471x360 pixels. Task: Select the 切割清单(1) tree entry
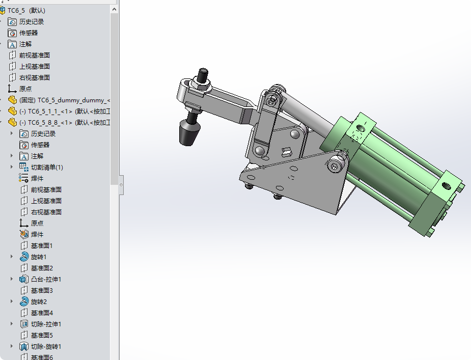(46, 167)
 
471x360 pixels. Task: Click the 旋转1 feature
(38, 257)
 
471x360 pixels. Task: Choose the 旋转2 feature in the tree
(38, 301)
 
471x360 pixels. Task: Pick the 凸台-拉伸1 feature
(46, 279)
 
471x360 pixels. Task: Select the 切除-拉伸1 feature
(46, 324)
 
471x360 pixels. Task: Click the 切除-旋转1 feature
(46, 346)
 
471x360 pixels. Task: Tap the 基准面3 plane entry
(42, 290)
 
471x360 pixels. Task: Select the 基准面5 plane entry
(42, 335)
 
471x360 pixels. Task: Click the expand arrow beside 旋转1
(12, 257)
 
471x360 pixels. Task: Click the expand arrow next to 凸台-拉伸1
(12, 279)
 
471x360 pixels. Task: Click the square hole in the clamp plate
(286, 151)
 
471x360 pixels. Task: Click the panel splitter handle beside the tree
(121, 185)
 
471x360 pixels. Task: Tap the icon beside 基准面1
(23, 245)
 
